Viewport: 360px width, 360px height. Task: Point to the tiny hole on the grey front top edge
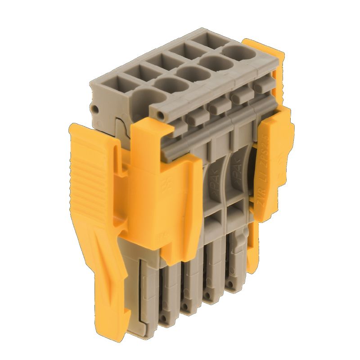click(x=161, y=115)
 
